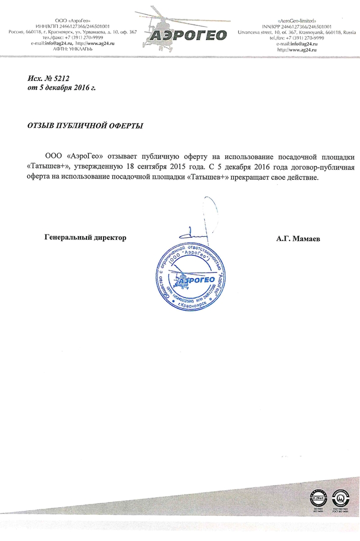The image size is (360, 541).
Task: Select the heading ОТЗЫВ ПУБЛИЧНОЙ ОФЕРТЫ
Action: (84, 126)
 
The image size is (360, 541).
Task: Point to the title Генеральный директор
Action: (86, 238)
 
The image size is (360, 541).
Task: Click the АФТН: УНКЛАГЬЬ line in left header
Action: (73, 49)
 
